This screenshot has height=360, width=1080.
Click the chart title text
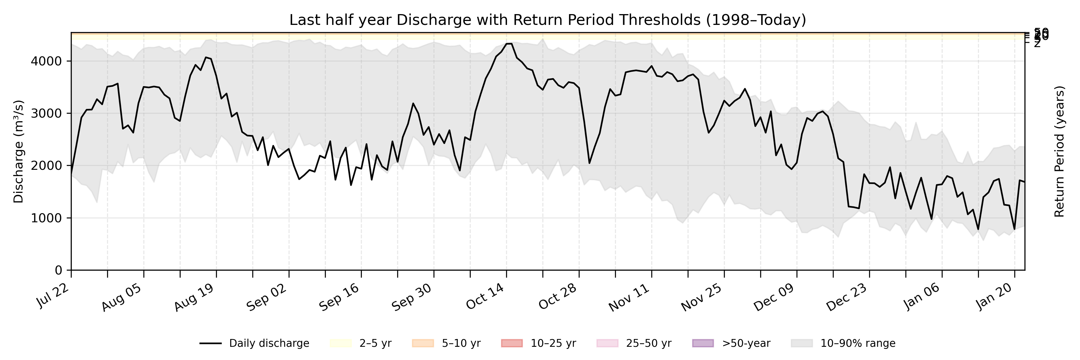click(547, 20)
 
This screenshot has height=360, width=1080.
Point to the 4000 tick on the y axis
click(46, 61)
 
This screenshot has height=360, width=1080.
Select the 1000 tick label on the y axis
click(46, 218)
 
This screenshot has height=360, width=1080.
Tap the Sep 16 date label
click(339, 297)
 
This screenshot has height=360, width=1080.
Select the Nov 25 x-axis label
click(701, 297)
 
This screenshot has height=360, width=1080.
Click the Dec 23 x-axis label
click(847, 297)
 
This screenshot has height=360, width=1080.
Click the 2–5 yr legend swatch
click(340, 343)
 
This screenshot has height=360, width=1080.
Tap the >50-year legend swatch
click(703, 343)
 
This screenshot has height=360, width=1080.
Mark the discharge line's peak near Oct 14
click(509, 43)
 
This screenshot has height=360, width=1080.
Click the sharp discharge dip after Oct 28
click(589, 163)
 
